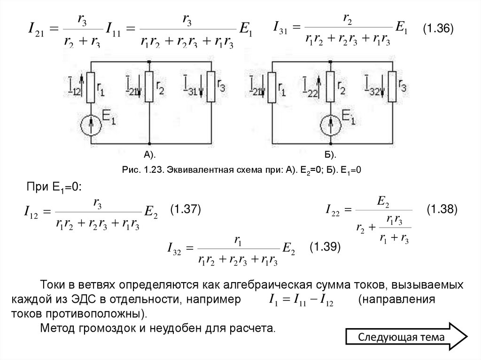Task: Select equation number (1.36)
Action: click(x=437, y=29)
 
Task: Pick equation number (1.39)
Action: click(x=325, y=246)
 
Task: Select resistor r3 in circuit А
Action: click(x=211, y=87)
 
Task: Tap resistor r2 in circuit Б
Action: click(x=330, y=87)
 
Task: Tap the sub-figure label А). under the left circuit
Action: click(x=149, y=154)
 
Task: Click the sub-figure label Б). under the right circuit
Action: click(x=330, y=154)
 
